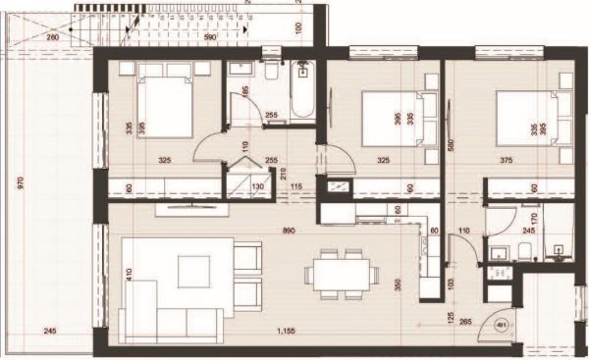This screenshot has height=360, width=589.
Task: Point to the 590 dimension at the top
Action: click(x=208, y=37)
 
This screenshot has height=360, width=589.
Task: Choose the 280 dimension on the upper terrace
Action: click(x=53, y=37)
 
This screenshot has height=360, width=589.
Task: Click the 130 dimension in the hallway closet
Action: click(x=260, y=187)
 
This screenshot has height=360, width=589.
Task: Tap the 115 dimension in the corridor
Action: click(x=294, y=187)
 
